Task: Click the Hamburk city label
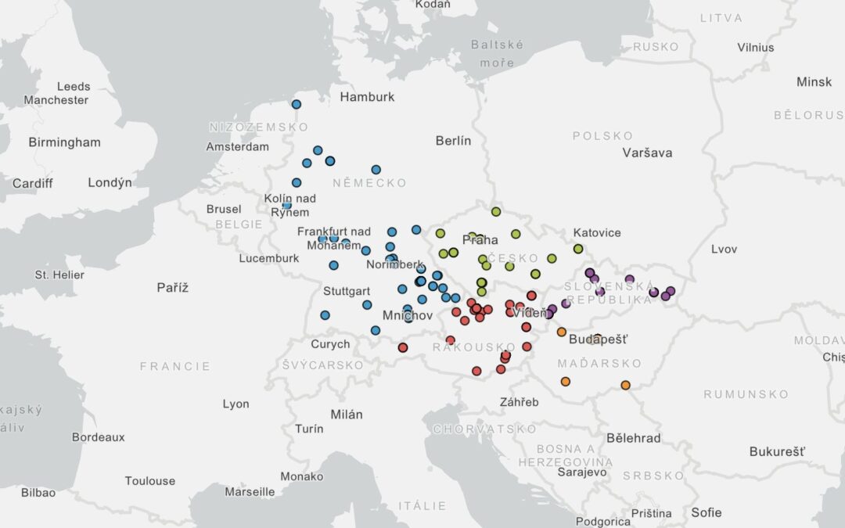(x=367, y=97)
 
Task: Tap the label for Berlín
(x=454, y=141)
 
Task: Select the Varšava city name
(x=647, y=153)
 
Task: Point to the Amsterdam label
(x=237, y=146)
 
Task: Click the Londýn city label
(x=110, y=182)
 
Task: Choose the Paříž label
(x=173, y=288)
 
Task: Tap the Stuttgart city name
(x=345, y=291)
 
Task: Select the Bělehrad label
(x=634, y=438)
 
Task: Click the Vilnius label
(x=755, y=47)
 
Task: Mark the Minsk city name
(x=814, y=82)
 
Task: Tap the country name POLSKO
(x=602, y=136)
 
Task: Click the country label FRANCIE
(x=175, y=366)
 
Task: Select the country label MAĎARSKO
(x=599, y=364)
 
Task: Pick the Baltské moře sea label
(x=497, y=53)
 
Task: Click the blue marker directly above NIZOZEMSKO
(x=296, y=104)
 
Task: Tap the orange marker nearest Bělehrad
(x=625, y=385)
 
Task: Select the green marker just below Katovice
(x=578, y=249)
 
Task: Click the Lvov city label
(x=724, y=250)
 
